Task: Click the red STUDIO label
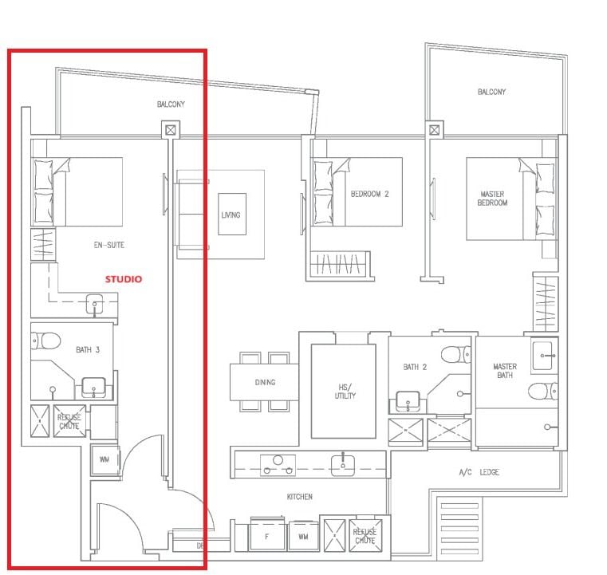pyautogui.click(x=124, y=279)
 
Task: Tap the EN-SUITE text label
pyautogui.click(x=108, y=245)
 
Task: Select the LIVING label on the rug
pyautogui.click(x=231, y=215)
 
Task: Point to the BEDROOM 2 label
pyautogui.click(x=369, y=194)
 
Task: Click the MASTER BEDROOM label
pyautogui.click(x=492, y=198)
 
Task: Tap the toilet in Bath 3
pyautogui.click(x=45, y=341)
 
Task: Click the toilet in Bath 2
pyautogui.click(x=456, y=354)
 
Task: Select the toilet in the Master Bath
pyautogui.click(x=542, y=392)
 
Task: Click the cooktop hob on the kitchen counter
pyautogui.click(x=278, y=465)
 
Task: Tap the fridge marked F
pyautogui.click(x=267, y=536)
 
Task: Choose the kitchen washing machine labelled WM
pyautogui.click(x=303, y=537)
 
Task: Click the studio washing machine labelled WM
pyautogui.click(x=104, y=459)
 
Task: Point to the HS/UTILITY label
pyautogui.click(x=345, y=392)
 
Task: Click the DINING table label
pyautogui.click(x=265, y=382)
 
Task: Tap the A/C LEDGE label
pyautogui.click(x=479, y=472)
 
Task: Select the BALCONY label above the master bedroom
pyautogui.click(x=491, y=92)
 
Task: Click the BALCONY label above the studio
pyautogui.click(x=171, y=104)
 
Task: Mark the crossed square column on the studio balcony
pyautogui.click(x=171, y=130)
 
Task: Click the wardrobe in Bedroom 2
pyautogui.click(x=339, y=263)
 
